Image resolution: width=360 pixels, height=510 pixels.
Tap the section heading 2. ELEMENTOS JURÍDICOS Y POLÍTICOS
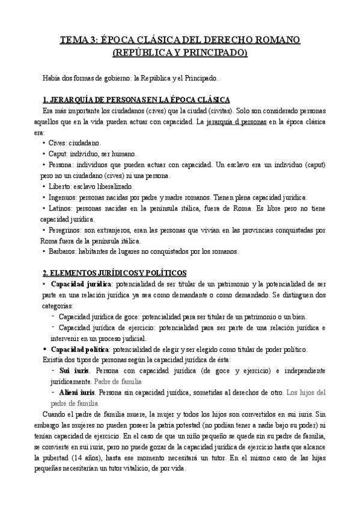point(115,272)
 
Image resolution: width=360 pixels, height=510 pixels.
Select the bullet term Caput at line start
point(59,153)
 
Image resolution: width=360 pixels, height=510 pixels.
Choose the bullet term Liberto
point(61,186)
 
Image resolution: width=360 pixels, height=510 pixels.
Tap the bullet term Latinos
point(62,208)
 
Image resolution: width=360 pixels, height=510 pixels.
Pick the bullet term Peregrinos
point(67,230)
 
